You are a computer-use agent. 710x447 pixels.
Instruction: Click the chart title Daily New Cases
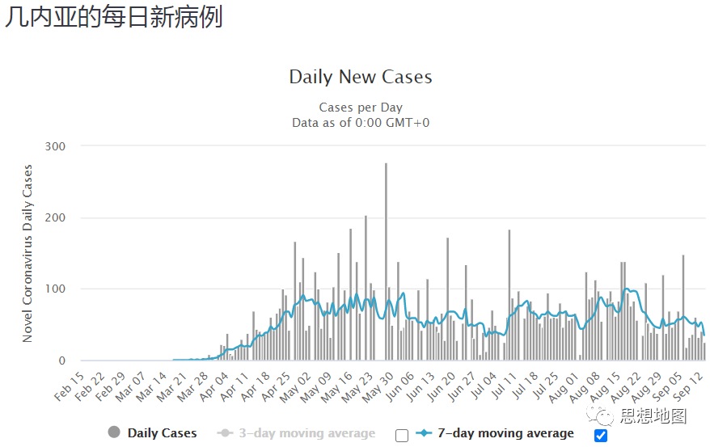click(x=361, y=78)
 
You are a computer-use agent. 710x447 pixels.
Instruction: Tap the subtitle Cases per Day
click(x=361, y=108)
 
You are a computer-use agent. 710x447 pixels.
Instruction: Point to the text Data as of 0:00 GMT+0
click(x=361, y=122)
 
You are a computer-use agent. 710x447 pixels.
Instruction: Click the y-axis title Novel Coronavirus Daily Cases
click(x=28, y=253)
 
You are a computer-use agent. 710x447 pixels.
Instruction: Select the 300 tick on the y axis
click(x=55, y=146)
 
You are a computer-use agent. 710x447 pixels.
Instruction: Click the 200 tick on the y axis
click(x=55, y=217)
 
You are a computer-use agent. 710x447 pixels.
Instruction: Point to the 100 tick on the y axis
click(x=55, y=289)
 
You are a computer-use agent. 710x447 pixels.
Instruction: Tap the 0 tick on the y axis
click(x=61, y=361)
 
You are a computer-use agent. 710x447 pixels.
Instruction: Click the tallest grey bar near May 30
click(x=386, y=259)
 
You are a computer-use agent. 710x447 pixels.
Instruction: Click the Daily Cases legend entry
click(x=162, y=433)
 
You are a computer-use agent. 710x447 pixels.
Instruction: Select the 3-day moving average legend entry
click(x=306, y=433)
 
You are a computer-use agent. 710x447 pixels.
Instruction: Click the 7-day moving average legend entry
click(x=505, y=433)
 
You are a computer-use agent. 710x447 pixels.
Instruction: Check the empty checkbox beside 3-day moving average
click(x=402, y=435)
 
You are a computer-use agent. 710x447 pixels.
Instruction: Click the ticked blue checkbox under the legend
click(x=600, y=435)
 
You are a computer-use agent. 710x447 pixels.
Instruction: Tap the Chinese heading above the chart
click(x=113, y=18)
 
